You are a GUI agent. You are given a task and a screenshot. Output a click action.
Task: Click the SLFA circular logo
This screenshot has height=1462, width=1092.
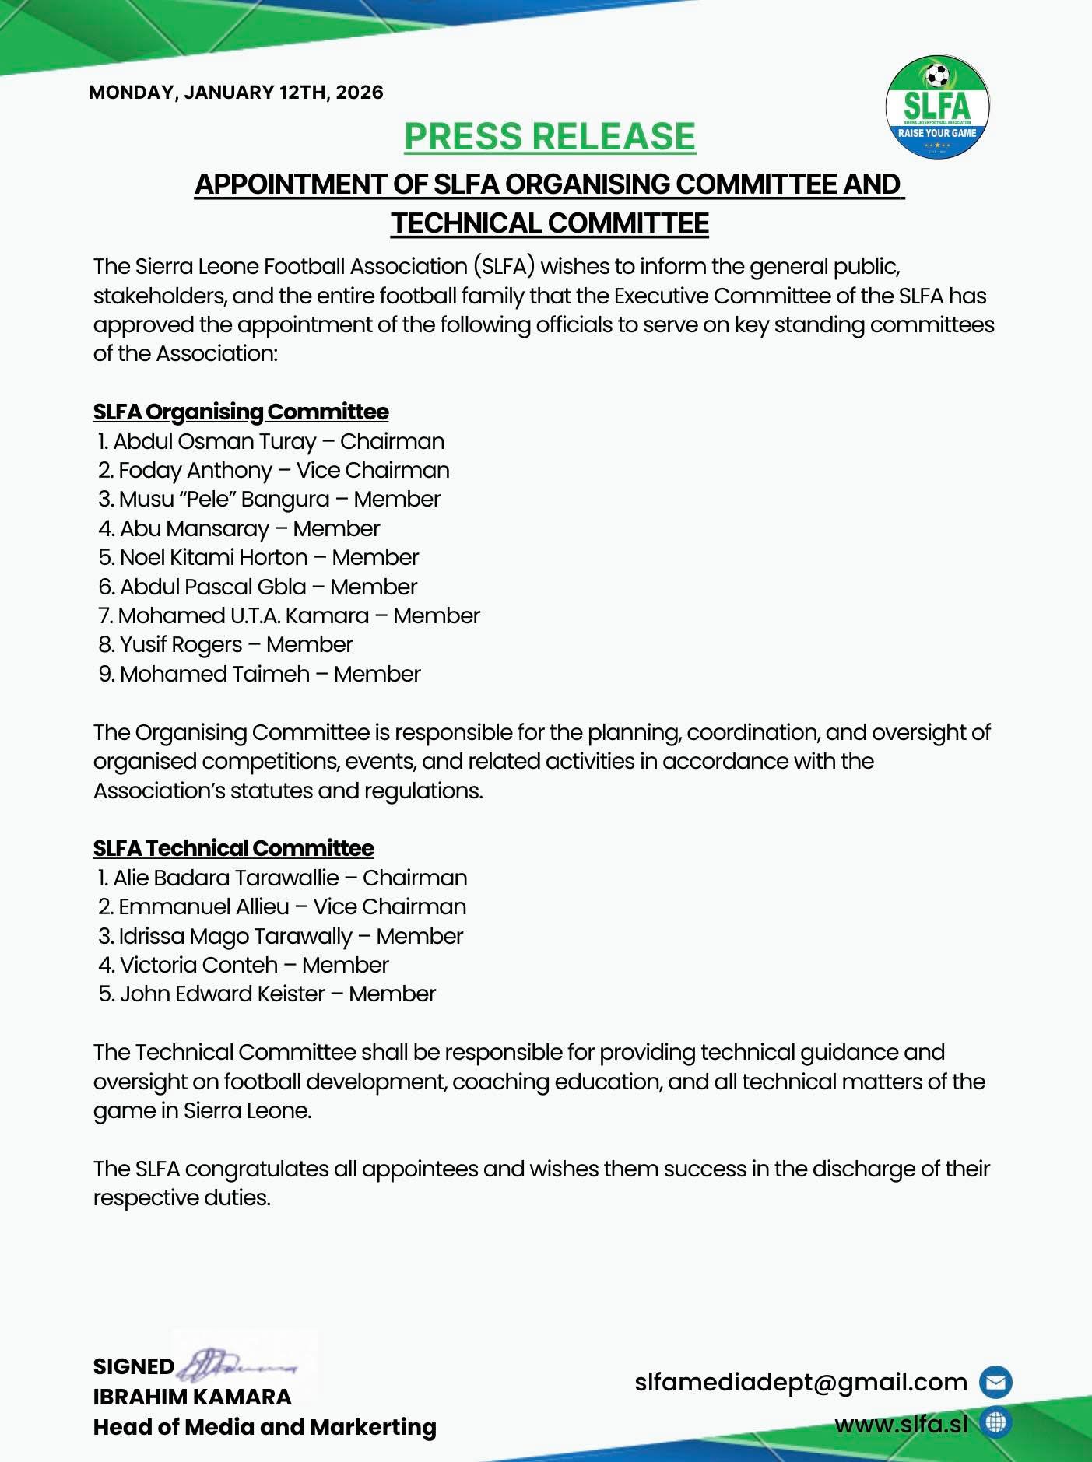click(x=937, y=110)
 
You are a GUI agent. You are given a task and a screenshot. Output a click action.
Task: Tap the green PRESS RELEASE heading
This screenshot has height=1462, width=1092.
click(x=550, y=137)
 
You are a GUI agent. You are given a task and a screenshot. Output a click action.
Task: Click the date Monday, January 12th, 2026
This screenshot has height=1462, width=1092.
click(x=236, y=93)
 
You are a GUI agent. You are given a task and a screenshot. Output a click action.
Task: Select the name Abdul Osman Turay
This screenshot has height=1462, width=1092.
click(x=215, y=442)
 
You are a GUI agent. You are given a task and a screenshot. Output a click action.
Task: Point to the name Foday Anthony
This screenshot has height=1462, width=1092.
click(x=195, y=471)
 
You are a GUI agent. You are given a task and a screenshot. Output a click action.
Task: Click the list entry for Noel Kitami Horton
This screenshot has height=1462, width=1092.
click(x=214, y=558)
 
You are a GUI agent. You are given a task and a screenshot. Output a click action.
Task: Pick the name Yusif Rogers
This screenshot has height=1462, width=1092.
click(x=181, y=645)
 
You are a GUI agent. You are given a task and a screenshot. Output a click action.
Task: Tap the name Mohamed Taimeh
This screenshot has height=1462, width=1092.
click(x=215, y=674)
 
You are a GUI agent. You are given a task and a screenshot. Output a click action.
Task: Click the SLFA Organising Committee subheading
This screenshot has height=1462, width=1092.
click(x=241, y=412)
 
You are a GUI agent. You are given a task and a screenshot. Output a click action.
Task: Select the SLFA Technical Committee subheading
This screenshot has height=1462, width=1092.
click(x=233, y=848)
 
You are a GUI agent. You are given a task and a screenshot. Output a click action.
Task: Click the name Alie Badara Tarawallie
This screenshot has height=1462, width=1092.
click(x=226, y=878)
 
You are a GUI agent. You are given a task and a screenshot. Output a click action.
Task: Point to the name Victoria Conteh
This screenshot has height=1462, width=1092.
click(x=199, y=966)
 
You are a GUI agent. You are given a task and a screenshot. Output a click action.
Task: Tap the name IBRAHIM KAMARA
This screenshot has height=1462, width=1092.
click(x=192, y=1397)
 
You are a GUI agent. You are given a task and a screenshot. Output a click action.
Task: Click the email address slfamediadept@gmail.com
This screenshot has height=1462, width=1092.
click(x=801, y=1382)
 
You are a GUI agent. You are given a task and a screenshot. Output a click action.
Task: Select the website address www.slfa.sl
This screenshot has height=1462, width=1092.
click(x=901, y=1424)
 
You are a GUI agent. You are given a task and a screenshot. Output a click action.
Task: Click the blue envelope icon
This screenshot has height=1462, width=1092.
click(x=995, y=1382)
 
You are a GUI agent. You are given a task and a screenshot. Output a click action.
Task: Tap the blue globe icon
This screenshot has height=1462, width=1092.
click(x=995, y=1423)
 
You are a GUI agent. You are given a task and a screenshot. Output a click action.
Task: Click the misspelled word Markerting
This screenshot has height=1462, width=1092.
click(x=373, y=1427)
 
